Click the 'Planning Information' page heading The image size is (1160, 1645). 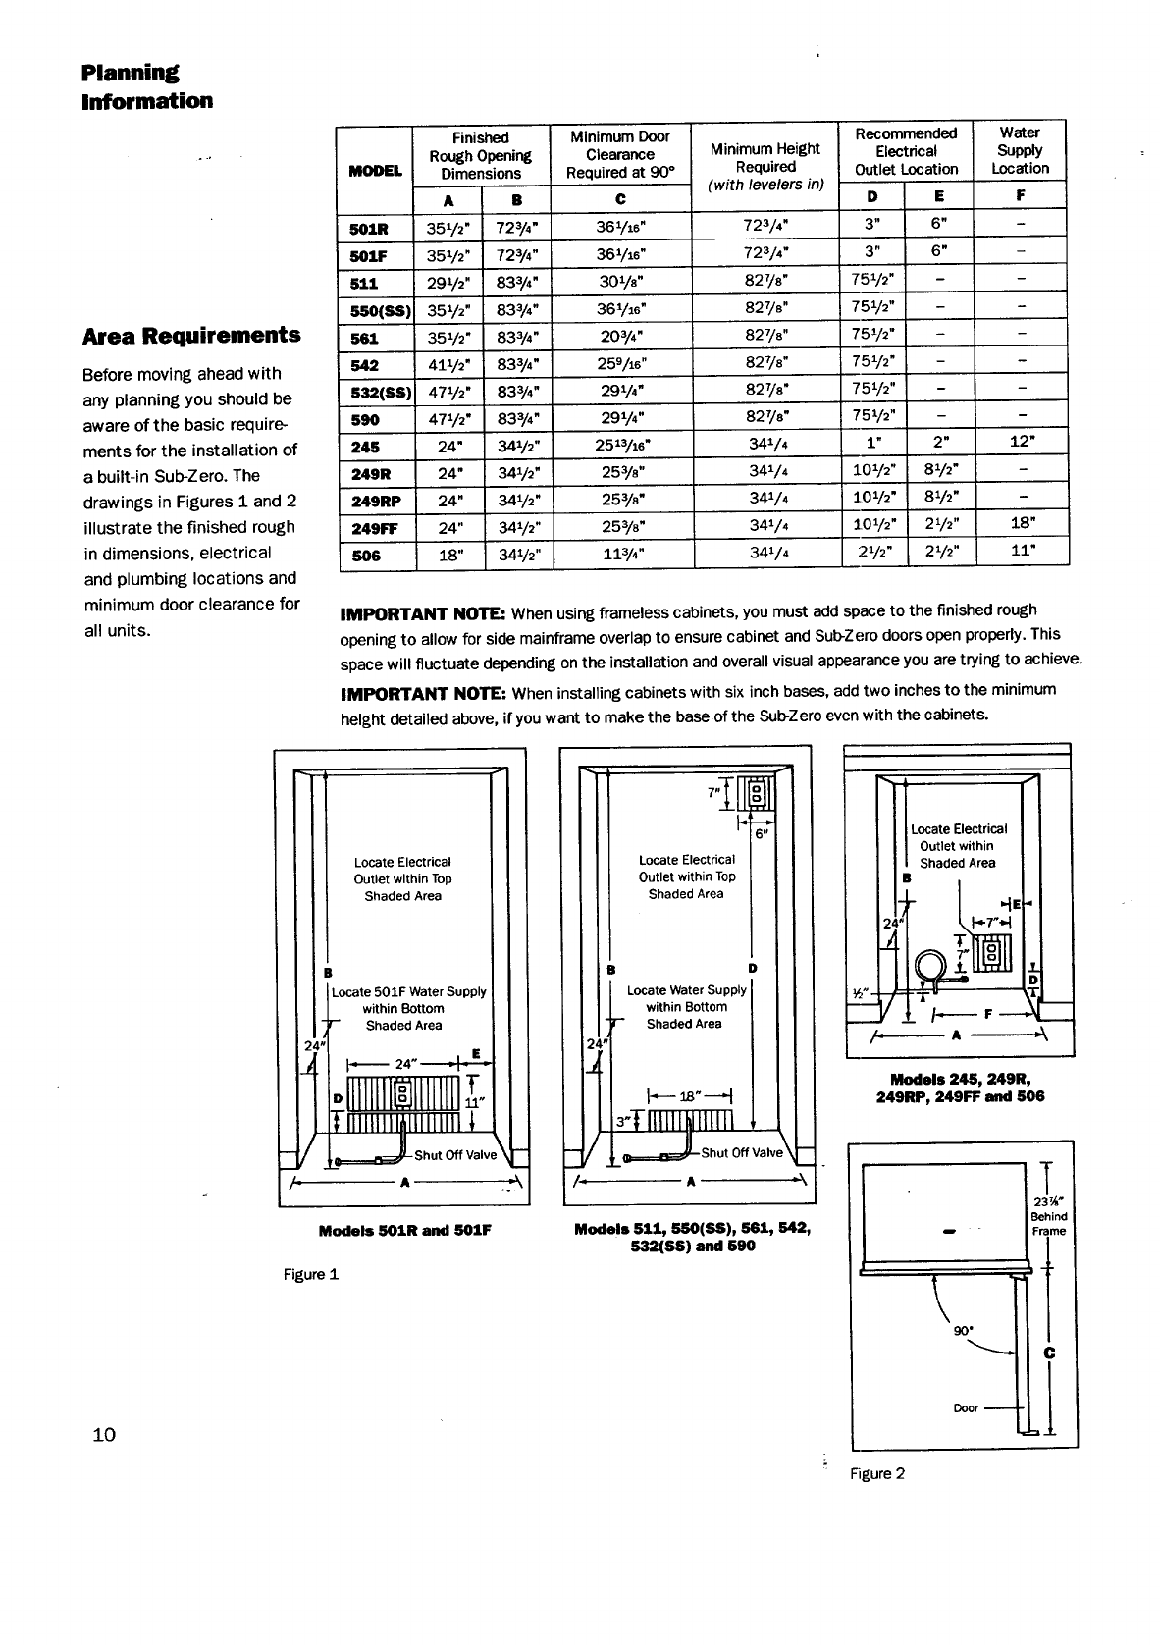click(x=146, y=86)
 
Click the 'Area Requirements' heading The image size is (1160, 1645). click(x=191, y=336)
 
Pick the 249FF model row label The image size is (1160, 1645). click(x=374, y=528)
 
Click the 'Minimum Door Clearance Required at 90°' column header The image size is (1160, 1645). click(x=620, y=154)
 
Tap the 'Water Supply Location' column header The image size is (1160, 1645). click(x=1020, y=150)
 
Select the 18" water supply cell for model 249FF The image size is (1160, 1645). click(x=1021, y=528)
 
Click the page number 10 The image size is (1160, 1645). click(x=103, y=1435)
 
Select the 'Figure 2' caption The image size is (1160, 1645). click(x=877, y=1473)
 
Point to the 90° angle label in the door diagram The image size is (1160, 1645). click(x=963, y=1332)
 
